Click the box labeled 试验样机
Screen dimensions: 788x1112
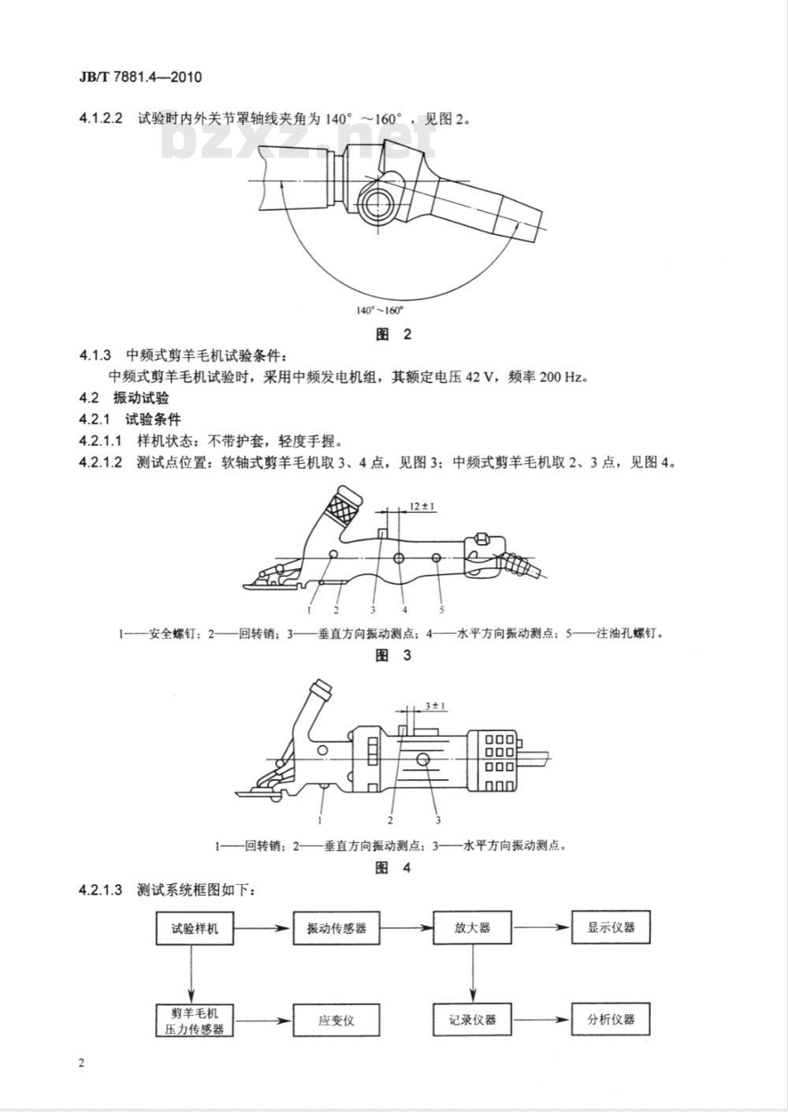(x=195, y=927)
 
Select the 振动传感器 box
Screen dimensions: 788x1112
(x=336, y=927)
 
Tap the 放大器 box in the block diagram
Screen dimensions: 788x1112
(x=472, y=927)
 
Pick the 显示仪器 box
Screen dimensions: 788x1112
(x=611, y=927)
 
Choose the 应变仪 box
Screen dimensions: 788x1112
(x=336, y=1021)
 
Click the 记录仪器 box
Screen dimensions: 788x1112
(x=472, y=1021)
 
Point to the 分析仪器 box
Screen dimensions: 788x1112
(x=611, y=1021)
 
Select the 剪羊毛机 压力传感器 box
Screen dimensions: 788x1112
(x=195, y=1021)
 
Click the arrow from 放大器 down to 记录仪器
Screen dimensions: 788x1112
(x=472, y=974)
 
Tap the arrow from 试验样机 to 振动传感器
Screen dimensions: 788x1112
(x=263, y=927)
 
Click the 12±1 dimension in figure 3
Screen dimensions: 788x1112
(x=422, y=506)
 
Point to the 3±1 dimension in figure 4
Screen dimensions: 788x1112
(x=435, y=706)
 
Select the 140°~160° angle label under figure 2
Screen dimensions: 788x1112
(x=379, y=311)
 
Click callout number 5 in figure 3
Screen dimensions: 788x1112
(x=441, y=610)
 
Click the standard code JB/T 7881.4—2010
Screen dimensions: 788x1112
(x=140, y=77)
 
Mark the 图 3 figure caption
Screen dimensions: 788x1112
(x=393, y=655)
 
